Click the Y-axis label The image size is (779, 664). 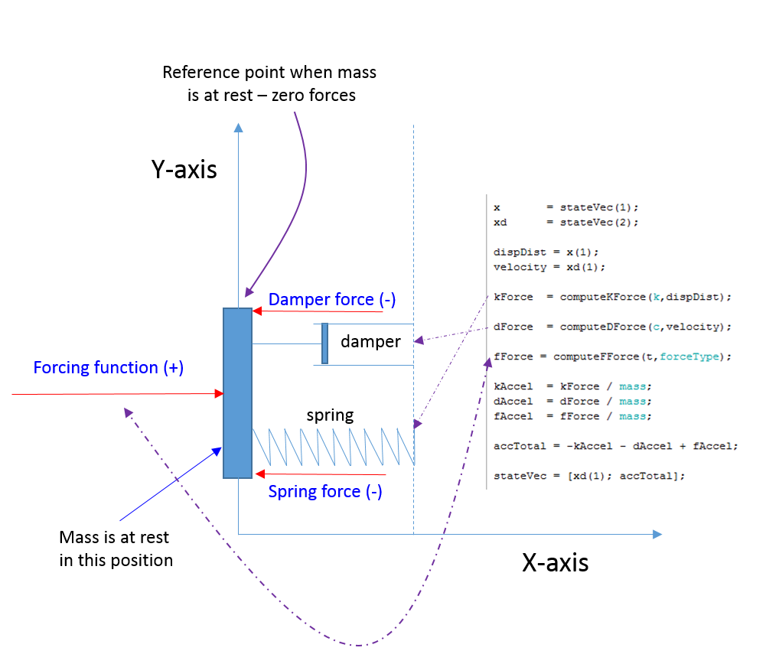[x=184, y=169]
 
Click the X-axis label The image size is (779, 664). [x=555, y=563]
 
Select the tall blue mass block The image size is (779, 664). [x=237, y=393]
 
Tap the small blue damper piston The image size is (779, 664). [x=324, y=343]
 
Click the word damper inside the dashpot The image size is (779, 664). [x=370, y=342]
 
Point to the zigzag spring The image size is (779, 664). [x=333, y=446]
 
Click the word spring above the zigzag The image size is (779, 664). [x=330, y=415]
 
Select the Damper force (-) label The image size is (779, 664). [x=331, y=300]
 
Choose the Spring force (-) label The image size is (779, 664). [x=325, y=492]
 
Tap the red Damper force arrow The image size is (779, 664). [x=317, y=311]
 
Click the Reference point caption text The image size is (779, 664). [x=269, y=84]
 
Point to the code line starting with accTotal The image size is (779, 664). [x=615, y=446]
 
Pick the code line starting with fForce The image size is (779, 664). [x=613, y=356]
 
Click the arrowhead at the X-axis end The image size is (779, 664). [x=657, y=534]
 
